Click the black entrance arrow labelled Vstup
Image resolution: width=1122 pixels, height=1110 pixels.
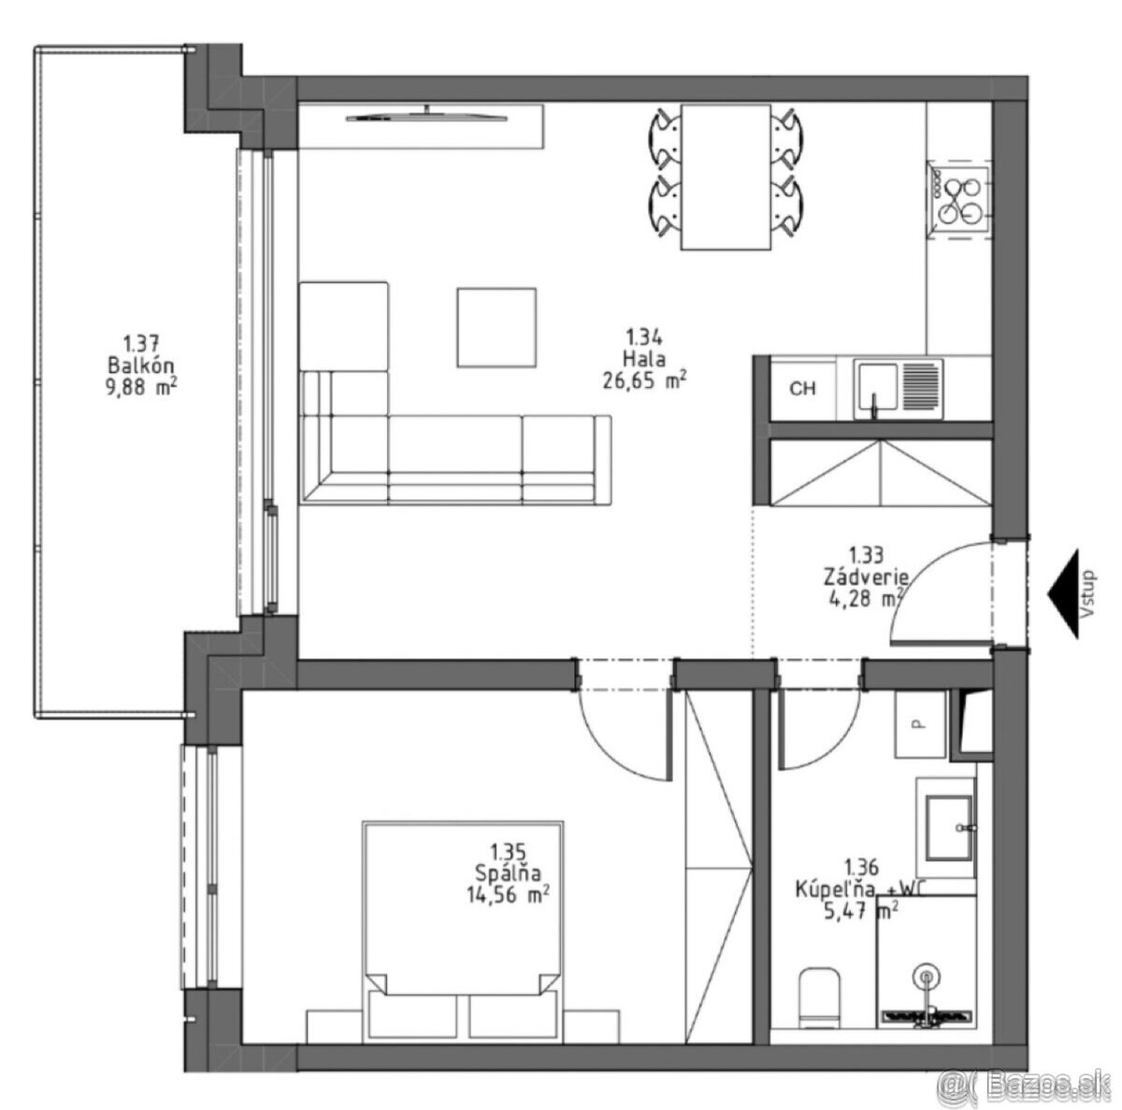pyautogui.click(x=1062, y=593)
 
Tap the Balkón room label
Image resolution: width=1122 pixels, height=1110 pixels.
pyautogui.click(x=141, y=365)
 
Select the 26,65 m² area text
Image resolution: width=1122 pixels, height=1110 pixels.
pyautogui.click(x=644, y=380)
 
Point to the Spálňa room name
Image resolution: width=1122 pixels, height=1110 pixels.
pyautogui.click(x=508, y=873)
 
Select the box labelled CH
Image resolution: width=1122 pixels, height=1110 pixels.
pyautogui.click(x=802, y=389)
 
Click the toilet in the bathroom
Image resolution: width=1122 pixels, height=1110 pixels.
pyautogui.click(x=819, y=998)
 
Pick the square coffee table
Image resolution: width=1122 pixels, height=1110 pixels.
pyautogui.click(x=496, y=327)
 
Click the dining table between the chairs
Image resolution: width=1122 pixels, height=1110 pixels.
pyautogui.click(x=726, y=178)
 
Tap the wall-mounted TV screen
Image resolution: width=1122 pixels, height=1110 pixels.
pyautogui.click(x=426, y=117)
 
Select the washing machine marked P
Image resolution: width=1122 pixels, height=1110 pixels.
pyautogui.click(x=920, y=724)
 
